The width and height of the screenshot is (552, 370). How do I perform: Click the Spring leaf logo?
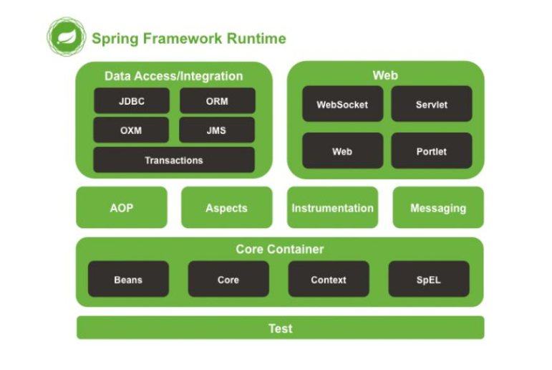point(66,37)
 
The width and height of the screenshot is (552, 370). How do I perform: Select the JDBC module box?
point(132,101)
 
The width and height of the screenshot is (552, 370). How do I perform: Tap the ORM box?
point(217,101)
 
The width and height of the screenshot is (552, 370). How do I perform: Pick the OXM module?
point(131,131)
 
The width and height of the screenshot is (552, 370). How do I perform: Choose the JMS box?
point(216,131)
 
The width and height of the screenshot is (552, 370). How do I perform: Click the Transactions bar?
point(174,160)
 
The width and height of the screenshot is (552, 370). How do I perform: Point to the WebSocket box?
point(342,104)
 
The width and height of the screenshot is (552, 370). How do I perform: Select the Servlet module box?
point(432,104)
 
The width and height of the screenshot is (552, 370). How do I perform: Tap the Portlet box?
point(432,151)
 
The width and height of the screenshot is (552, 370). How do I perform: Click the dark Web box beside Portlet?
point(342,151)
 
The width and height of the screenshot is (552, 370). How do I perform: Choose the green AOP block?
point(122,207)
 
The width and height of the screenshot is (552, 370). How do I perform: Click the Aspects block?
point(227,207)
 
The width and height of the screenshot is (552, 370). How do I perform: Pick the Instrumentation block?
point(333,207)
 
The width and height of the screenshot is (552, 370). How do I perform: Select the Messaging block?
point(438,207)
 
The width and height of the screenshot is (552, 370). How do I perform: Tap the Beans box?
point(128,279)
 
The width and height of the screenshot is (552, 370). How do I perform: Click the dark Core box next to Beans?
point(228,279)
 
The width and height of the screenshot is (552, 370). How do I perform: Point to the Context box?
point(329,279)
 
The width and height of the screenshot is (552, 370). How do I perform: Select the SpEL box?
point(429,279)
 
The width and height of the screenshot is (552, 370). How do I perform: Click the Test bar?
point(281,328)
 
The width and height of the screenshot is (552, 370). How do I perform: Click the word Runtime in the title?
point(256,39)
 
